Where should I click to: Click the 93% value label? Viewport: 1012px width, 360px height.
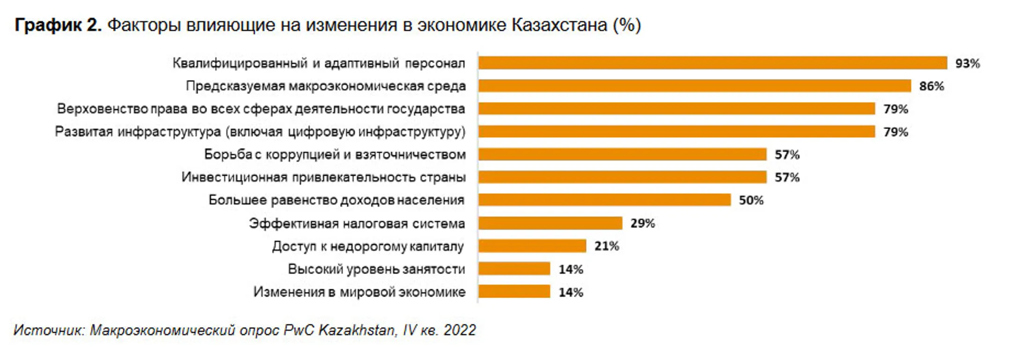pos(967,63)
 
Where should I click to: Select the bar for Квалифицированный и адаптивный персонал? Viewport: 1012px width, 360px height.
pos(712,63)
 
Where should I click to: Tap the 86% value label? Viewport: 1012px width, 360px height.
pos(931,86)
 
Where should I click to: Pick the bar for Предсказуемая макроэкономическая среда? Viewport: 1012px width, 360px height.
pos(694,86)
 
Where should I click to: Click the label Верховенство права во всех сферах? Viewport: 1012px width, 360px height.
pos(261,109)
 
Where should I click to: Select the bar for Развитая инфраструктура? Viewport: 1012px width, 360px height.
pos(677,132)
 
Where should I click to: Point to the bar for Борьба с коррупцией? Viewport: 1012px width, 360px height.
pos(622,154)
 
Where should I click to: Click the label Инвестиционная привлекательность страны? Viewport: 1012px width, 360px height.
pos(323,177)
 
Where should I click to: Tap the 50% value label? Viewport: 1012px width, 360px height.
pos(751,200)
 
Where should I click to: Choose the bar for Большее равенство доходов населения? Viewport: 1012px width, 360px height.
pos(604,200)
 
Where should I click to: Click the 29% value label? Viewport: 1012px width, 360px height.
pos(642,223)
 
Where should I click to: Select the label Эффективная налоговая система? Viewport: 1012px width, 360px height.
pos(357,223)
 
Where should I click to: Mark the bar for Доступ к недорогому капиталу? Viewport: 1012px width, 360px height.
pos(532,246)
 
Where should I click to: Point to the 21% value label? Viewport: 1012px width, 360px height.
pos(606,246)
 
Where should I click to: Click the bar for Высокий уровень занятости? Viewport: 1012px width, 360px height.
pos(514,269)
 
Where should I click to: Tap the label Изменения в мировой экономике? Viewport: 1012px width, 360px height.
pos(359,292)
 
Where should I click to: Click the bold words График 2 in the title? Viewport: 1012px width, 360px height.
pos(58,25)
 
